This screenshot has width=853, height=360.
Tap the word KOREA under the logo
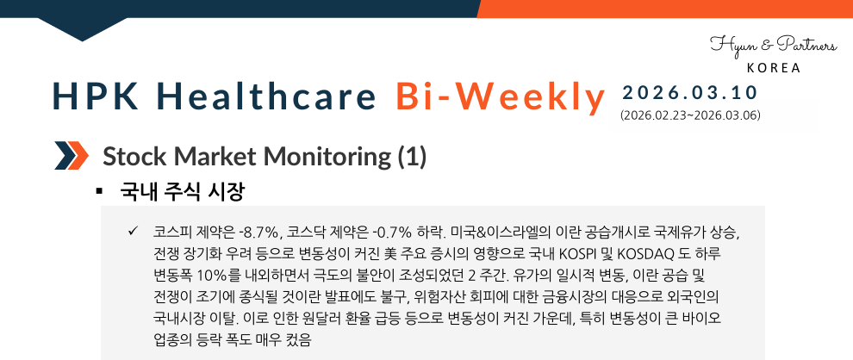click(773, 68)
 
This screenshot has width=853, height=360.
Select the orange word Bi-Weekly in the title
click(501, 97)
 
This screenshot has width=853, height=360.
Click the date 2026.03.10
click(689, 92)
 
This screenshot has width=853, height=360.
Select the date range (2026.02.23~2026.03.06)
click(689, 115)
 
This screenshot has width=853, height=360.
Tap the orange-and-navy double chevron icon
click(72, 156)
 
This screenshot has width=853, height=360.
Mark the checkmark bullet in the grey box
click(132, 232)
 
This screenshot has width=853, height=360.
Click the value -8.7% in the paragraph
click(259, 233)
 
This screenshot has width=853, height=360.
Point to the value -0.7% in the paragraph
click(392, 233)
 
